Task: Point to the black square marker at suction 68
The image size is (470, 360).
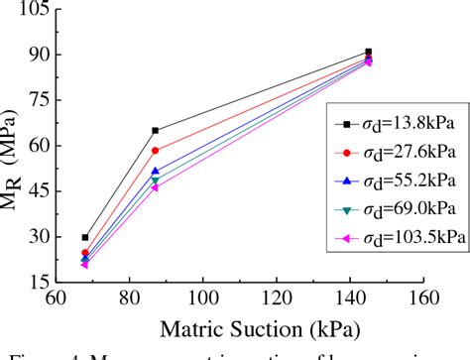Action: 85,237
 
